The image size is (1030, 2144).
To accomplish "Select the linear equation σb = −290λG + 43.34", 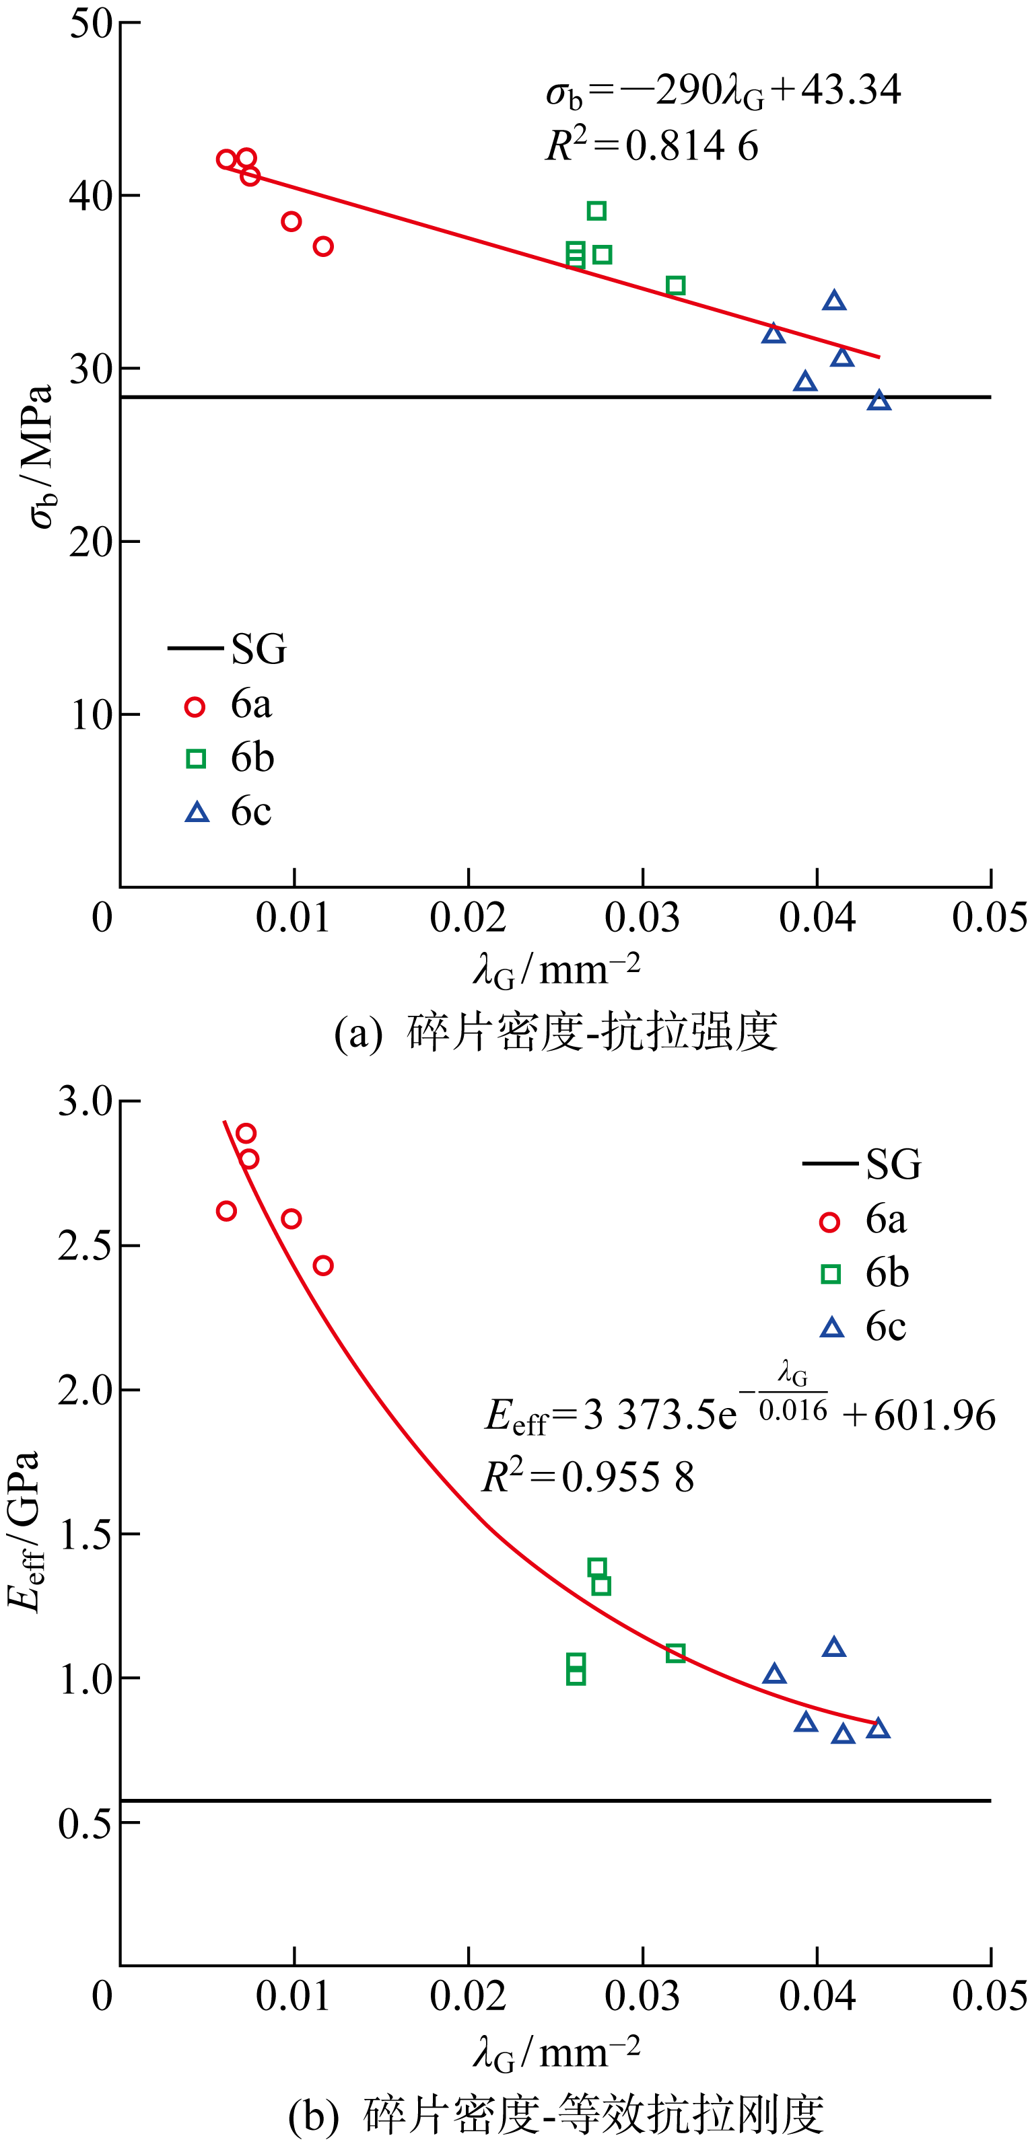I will click(723, 91).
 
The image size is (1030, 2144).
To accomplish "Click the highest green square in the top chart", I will click(596, 211).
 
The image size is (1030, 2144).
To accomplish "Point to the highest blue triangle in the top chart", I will click(834, 301).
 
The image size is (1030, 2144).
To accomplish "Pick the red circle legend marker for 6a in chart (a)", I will click(195, 706).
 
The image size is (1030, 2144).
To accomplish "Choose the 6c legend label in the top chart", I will click(250, 811).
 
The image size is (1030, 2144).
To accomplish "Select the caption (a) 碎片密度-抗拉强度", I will click(555, 1032).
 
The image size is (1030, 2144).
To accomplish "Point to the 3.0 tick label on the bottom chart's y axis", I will click(85, 1101).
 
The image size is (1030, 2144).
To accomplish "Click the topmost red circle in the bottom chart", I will click(246, 1133).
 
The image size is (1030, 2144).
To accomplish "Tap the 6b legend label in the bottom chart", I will click(887, 1273).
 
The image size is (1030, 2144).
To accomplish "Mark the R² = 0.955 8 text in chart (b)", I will click(588, 1477).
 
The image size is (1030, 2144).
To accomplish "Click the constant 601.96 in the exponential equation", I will click(934, 1415).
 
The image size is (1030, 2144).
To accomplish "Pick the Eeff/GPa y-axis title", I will click(24, 1531).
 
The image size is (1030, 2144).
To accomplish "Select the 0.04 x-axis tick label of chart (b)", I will click(816, 1996).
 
